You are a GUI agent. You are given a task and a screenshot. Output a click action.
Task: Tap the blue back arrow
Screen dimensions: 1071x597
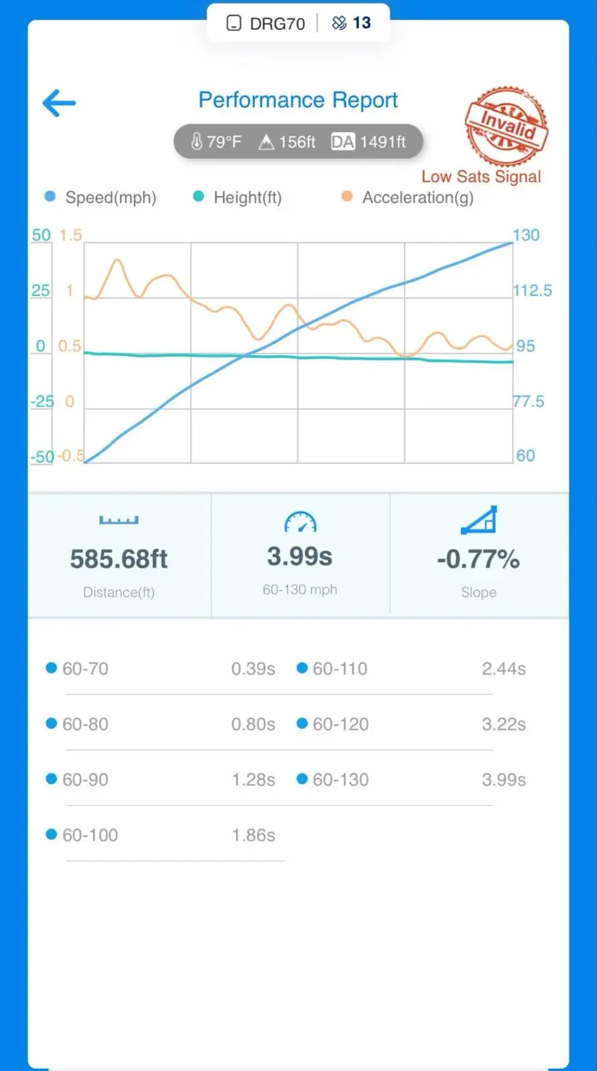[59, 103]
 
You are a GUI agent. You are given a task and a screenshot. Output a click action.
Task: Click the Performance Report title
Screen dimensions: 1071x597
[297, 100]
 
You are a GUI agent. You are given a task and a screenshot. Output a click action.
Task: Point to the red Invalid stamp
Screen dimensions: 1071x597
[507, 126]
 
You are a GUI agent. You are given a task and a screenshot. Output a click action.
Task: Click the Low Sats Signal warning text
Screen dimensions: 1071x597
[480, 177]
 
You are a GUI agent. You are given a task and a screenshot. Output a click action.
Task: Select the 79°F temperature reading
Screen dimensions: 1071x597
[216, 142]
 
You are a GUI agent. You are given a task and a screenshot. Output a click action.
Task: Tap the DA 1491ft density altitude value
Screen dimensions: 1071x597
[369, 142]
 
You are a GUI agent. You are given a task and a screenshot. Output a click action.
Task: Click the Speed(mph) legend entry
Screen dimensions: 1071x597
[101, 197]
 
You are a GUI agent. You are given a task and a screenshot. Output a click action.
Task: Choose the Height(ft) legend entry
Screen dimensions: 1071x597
[238, 197]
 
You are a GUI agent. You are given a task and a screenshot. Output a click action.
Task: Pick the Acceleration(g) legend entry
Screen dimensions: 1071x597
[408, 197]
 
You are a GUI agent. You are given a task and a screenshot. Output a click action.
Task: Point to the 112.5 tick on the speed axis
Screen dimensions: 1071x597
[532, 291]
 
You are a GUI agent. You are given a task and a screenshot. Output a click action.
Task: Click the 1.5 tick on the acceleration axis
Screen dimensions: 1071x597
[70, 235]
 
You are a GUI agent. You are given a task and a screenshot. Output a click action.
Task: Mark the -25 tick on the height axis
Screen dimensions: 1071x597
[42, 402]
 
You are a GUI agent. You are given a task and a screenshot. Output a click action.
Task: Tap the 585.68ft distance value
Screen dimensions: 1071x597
[119, 559]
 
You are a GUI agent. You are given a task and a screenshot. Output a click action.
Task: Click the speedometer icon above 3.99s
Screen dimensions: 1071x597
[300, 522]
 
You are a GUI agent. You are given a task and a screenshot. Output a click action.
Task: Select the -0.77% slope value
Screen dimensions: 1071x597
[478, 559]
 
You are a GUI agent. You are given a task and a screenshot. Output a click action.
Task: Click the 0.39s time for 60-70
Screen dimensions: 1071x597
[253, 669]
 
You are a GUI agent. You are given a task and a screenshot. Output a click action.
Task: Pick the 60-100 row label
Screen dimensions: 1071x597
[90, 835]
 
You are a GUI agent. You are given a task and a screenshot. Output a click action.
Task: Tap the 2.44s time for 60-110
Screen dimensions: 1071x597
[504, 669]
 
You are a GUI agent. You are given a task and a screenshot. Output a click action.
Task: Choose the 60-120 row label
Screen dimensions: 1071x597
[340, 724]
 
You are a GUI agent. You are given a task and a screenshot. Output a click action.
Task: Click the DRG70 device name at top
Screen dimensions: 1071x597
[277, 23]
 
